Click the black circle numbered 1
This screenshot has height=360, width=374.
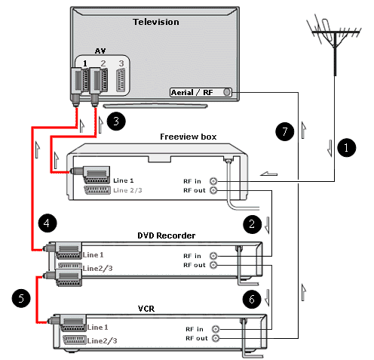346,148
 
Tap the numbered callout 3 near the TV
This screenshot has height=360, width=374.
116,122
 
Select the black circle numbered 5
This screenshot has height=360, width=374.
21,299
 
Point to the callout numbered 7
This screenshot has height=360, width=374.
285,131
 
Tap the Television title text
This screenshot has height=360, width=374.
156,22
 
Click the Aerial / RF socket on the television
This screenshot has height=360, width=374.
227,92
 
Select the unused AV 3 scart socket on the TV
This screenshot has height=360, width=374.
121,80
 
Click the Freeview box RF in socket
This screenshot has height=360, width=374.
213,181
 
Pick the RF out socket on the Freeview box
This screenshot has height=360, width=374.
213,190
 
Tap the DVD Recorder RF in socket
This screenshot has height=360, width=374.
213,256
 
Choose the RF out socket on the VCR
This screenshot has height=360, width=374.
216,338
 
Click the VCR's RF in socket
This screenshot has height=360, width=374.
216,329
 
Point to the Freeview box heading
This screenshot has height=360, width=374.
189,137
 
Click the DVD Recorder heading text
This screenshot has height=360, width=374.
167,235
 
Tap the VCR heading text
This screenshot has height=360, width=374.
146,309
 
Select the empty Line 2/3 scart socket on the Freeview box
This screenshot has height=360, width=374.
97,190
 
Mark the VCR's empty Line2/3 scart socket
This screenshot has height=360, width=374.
75,340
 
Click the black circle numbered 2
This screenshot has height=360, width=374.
252,224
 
